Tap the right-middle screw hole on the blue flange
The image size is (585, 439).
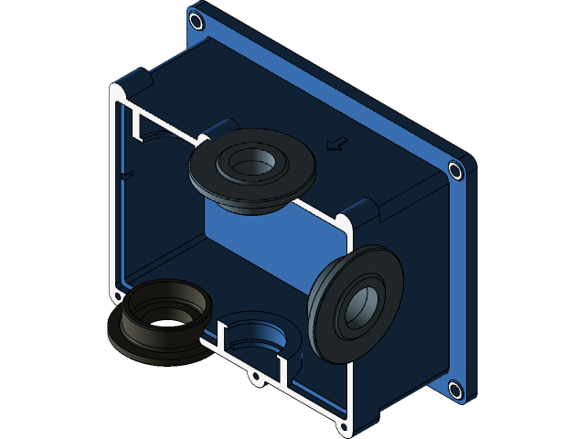pyautogui.click(x=455, y=170)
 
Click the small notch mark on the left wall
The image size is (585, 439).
pyautogui.click(x=127, y=173)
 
